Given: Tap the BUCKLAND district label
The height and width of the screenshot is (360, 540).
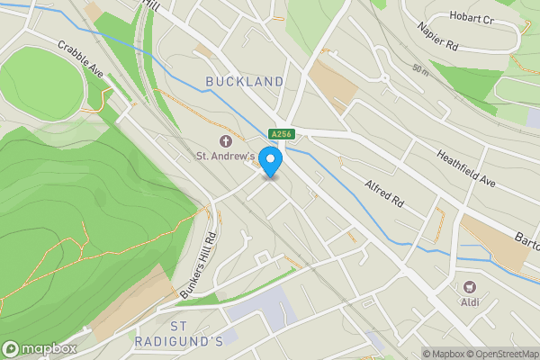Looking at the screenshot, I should pos(244,82).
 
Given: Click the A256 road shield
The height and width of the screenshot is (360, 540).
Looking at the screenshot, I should pos(282,134).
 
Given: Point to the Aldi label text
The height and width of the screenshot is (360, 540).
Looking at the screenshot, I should pos(470,301).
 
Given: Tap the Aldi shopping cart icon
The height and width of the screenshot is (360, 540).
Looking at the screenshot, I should pos(469,286).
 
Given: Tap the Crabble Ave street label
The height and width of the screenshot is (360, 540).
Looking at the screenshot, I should pos(82,58).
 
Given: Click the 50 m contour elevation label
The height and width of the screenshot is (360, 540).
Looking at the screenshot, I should pos(421,68).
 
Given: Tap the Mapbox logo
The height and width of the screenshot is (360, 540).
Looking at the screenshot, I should pos(39,348).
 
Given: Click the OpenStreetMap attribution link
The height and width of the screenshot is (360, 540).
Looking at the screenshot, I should pos(503,354).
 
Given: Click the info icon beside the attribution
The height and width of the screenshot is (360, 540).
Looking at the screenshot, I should pos(412,354).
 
